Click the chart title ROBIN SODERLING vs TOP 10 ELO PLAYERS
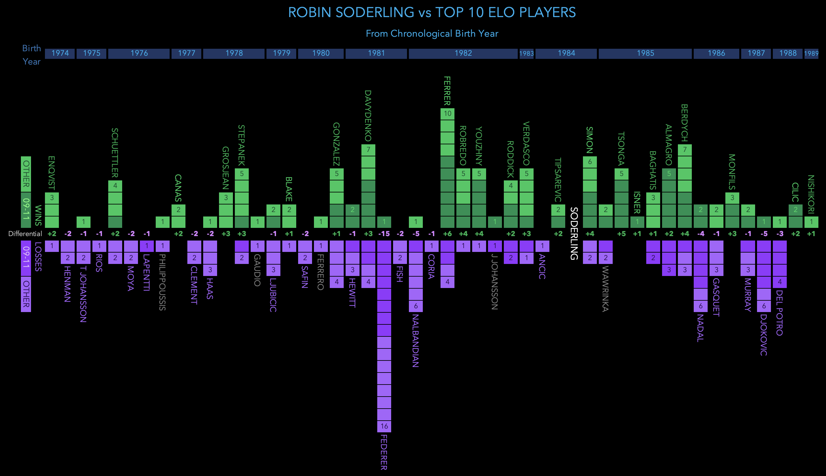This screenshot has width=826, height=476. point(431,12)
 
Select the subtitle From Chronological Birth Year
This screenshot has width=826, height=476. point(431,33)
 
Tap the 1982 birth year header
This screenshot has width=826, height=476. point(463,53)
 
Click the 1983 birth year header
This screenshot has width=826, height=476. point(526,53)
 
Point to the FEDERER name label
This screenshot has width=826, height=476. point(384,452)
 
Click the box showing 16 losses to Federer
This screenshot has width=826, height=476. point(384,426)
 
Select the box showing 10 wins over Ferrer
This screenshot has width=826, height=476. point(447,113)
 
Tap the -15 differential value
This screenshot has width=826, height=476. point(384,234)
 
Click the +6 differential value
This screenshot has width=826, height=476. point(447,234)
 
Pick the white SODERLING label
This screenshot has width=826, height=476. point(574,234)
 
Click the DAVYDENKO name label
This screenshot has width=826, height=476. point(368,116)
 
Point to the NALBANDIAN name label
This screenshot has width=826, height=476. point(416,341)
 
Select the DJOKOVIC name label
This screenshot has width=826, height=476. point(764,335)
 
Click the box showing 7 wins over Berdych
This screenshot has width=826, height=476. point(685,150)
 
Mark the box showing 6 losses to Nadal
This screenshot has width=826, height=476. point(700,306)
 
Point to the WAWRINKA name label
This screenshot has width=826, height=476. point(605,289)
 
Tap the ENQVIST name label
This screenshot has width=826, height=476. point(52,173)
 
